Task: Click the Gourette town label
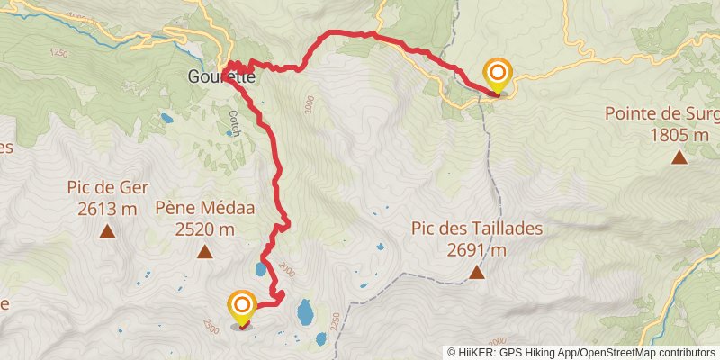[221, 77]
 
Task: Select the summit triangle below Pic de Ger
[107, 231]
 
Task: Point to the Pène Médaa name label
[204, 208]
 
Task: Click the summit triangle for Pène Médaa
[205, 253]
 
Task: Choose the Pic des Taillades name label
[477, 228]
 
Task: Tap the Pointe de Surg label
[661, 114]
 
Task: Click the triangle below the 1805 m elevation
[679, 158]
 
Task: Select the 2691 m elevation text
[477, 249]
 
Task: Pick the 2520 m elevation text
[204, 229]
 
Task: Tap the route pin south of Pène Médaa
[241, 307]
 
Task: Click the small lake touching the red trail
[260, 268]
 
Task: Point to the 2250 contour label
[335, 321]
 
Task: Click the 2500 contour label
[211, 324]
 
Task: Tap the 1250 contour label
[59, 54]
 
